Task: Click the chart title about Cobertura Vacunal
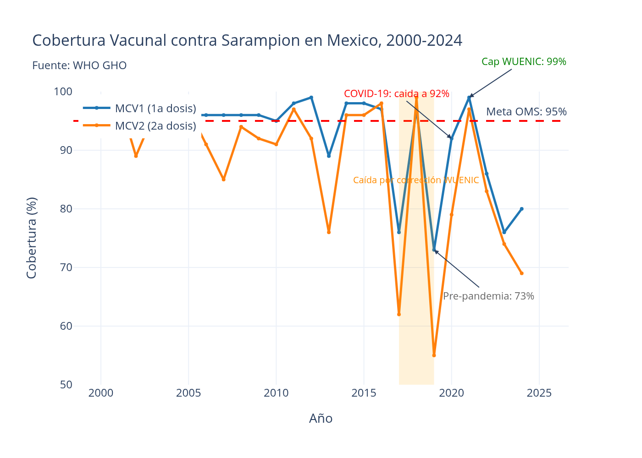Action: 247,41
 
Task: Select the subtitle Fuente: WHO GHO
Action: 79,65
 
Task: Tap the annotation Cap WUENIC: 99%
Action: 524,62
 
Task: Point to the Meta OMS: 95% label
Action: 526,112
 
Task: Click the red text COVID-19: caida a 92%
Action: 396,94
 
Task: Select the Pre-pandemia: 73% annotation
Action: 488,296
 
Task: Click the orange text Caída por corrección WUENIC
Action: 416,180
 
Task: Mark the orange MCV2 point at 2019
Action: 434,355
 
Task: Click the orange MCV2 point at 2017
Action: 399,314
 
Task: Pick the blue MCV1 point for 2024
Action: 521,209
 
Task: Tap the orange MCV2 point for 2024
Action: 521,273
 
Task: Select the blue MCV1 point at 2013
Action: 329,156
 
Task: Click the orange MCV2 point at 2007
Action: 224,180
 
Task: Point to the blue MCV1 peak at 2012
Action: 311,98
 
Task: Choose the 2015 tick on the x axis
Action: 364,393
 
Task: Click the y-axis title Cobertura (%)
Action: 32,238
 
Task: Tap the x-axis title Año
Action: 321,419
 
